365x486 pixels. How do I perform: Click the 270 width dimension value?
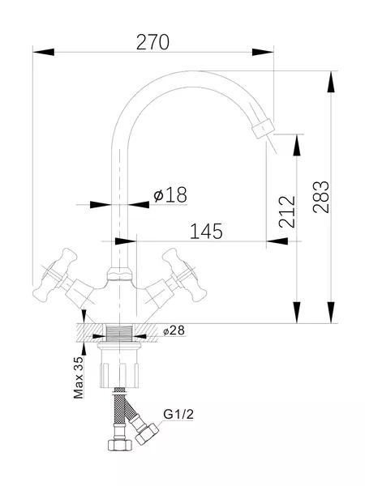[x=152, y=42]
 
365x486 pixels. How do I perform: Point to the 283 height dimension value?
[x=320, y=197]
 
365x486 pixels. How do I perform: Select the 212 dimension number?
[x=287, y=212]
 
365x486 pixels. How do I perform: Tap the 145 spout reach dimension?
[x=206, y=231]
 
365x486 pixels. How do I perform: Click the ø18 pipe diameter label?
[x=170, y=194]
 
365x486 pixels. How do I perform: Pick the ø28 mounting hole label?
[x=174, y=330]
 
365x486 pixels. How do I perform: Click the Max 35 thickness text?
[x=79, y=377]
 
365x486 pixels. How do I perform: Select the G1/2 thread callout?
[x=178, y=414]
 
